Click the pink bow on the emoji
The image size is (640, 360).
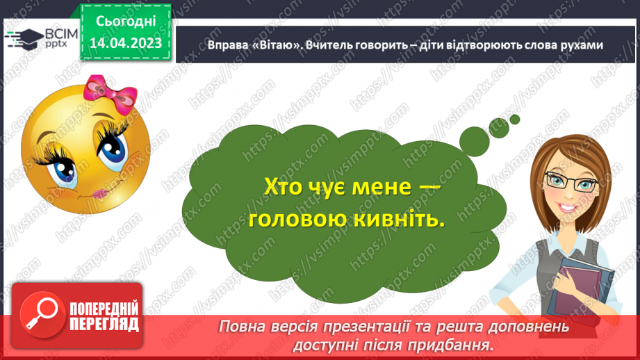tap(102, 90)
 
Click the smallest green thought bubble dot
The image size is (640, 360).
tap(515, 119)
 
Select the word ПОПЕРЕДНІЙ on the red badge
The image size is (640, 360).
tap(104, 309)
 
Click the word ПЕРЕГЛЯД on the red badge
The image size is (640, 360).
tap(104, 324)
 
